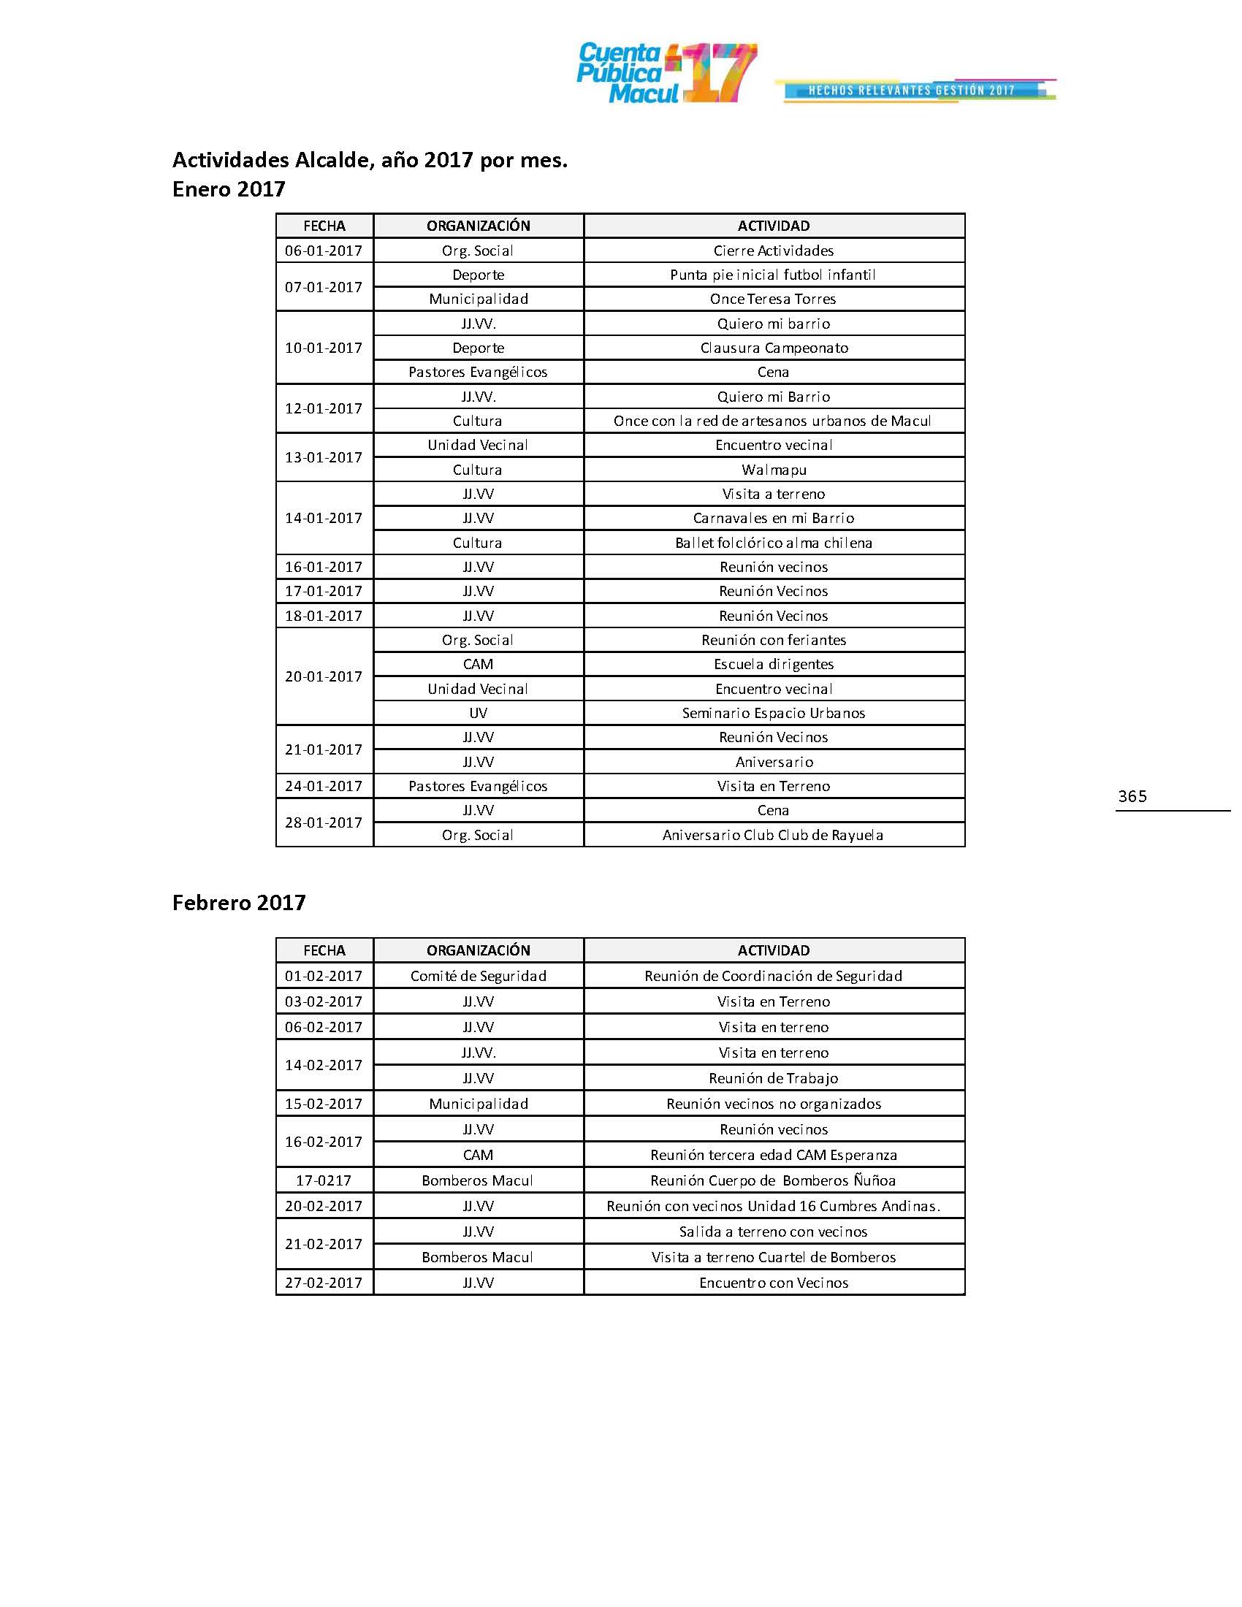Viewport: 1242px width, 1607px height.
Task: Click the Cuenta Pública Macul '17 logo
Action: (666, 73)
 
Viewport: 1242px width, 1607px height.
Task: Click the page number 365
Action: (1132, 796)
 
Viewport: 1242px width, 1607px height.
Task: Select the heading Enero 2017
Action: (228, 190)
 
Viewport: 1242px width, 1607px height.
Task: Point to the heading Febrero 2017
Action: (238, 903)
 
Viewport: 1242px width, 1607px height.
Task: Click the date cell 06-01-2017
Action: (324, 251)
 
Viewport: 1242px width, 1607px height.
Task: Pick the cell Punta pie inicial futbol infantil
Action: (772, 275)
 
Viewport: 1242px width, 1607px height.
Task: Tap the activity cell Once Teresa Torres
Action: (772, 299)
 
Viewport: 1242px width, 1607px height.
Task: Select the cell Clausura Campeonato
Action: (773, 348)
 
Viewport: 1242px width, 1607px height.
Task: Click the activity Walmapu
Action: (773, 470)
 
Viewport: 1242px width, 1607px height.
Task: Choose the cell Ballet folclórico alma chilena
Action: (773, 543)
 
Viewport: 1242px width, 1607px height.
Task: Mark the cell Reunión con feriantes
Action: (773, 640)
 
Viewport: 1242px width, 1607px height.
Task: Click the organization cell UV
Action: (478, 713)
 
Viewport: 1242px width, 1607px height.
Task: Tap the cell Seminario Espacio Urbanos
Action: (773, 713)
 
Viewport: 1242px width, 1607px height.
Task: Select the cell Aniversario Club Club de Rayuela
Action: (772, 835)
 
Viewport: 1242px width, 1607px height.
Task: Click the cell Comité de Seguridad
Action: (479, 977)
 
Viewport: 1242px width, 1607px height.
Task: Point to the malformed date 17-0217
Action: (324, 1181)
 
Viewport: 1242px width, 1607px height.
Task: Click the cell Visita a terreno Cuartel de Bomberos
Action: (773, 1258)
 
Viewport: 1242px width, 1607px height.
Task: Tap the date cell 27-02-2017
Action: (324, 1283)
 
